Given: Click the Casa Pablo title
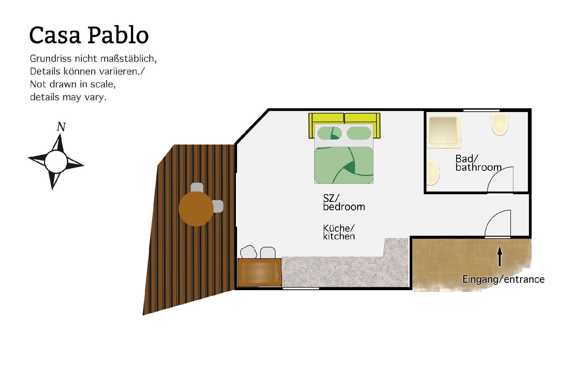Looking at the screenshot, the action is pos(89,35).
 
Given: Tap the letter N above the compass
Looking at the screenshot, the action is pos(61,127).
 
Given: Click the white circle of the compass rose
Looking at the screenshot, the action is pos(56,161).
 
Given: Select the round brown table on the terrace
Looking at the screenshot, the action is pos(196,209).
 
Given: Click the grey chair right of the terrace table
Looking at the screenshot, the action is pos(218,206).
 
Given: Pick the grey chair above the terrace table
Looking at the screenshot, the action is pos(197,187).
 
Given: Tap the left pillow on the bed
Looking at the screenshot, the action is pos(329,133).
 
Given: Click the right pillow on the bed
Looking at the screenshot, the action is pos(359,133).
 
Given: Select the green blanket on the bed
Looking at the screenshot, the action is pos(344,165).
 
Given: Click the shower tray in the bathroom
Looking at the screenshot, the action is pos(443,131).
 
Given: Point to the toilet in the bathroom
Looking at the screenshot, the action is pos(500,125).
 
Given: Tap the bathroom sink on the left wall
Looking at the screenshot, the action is pos(433,172).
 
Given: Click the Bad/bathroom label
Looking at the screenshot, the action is pos(478,163).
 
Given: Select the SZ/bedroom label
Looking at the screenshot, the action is pos(344,202).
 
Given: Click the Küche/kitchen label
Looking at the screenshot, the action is pos(339,232).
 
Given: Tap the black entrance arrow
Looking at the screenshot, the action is pos(500,256).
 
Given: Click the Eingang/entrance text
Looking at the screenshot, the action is pos(503,279).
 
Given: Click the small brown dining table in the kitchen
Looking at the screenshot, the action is pos(259,272).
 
